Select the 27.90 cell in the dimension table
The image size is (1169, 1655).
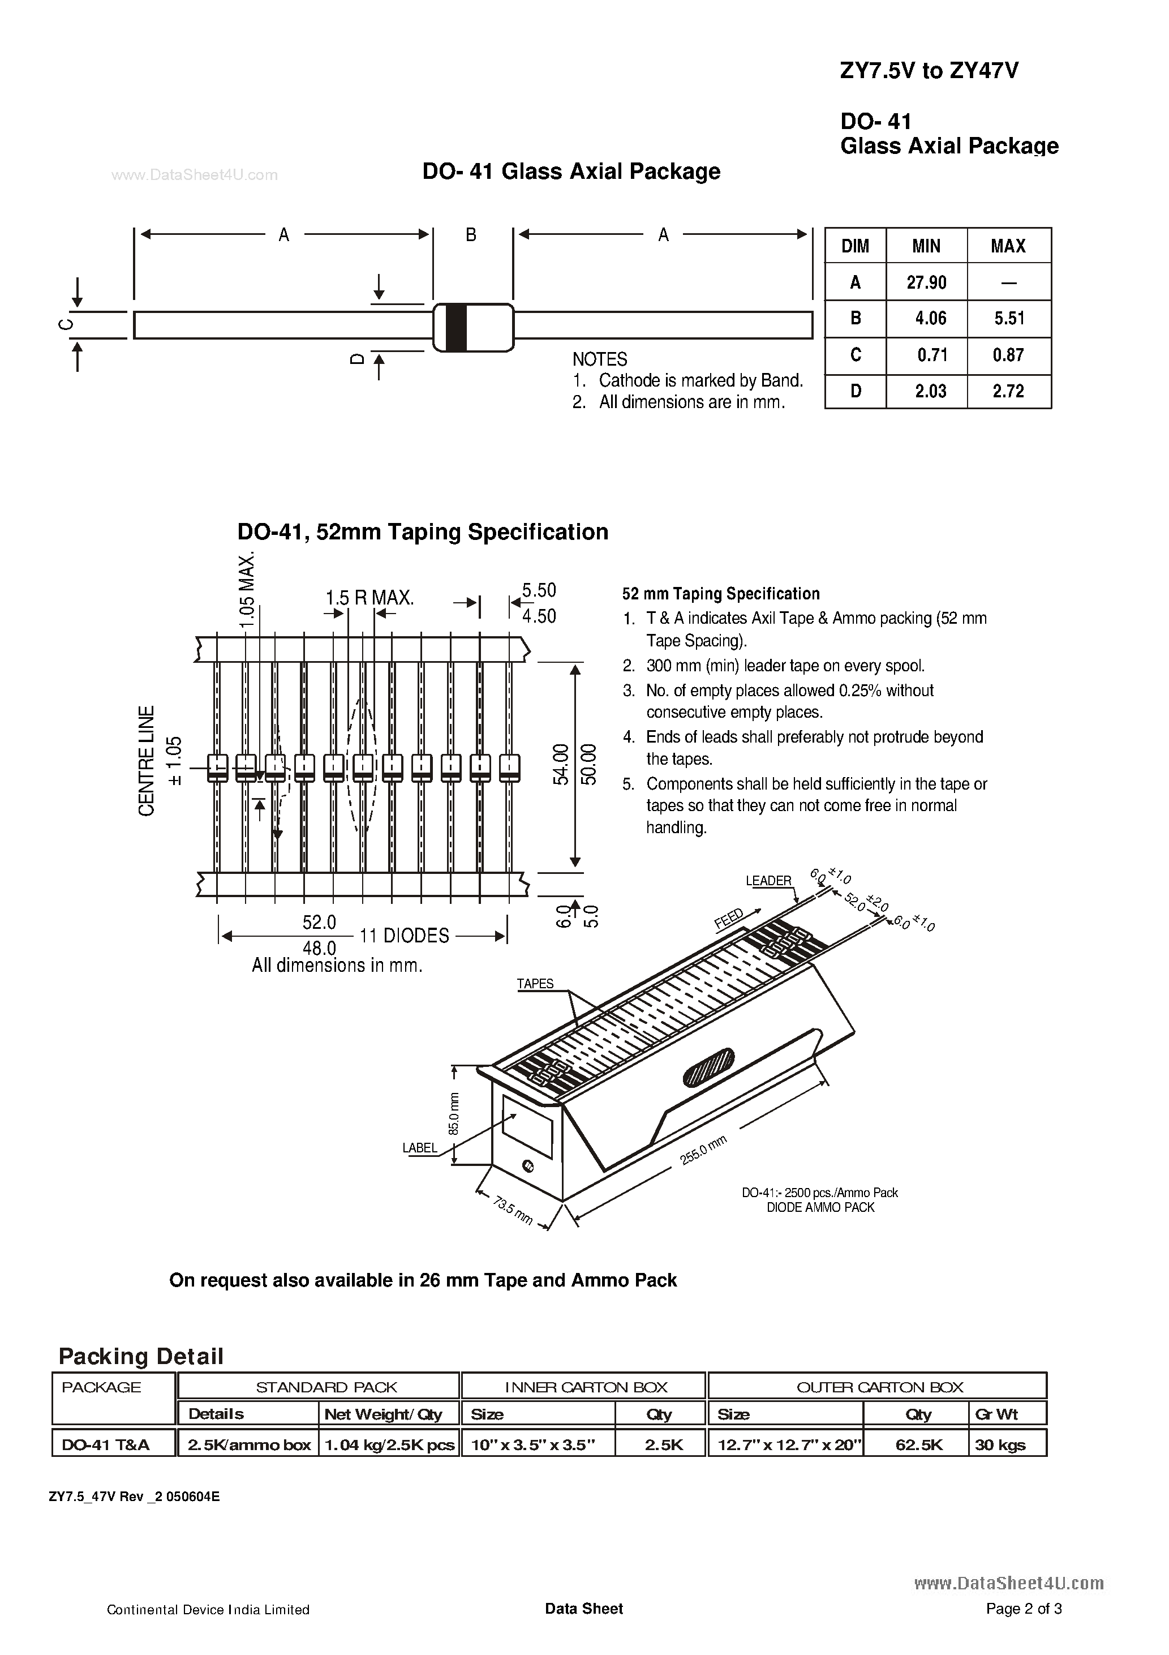[x=926, y=282]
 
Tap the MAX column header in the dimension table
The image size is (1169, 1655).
[x=1008, y=247]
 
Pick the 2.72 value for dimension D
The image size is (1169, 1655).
[x=1008, y=392]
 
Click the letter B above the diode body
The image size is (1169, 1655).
[x=471, y=235]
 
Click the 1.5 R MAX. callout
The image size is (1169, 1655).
[x=369, y=598]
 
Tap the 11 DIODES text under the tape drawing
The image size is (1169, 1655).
[x=405, y=936]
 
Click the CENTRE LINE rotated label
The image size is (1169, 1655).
[x=147, y=761]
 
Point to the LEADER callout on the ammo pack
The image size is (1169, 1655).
[x=768, y=881]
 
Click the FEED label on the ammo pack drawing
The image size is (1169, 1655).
[x=729, y=920]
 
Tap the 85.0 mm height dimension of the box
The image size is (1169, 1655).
[x=453, y=1114]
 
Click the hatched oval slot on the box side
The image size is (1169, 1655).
[x=708, y=1067]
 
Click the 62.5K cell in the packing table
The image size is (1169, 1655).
[x=919, y=1444]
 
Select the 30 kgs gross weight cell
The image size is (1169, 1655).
[x=1000, y=1444]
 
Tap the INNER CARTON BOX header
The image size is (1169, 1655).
[x=586, y=1387]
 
